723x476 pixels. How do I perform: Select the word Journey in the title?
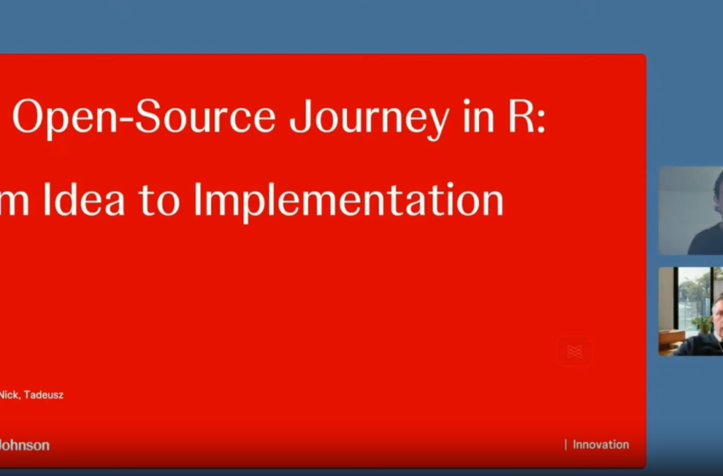(x=368, y=118)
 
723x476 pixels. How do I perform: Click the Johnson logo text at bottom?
(x=24, y=445)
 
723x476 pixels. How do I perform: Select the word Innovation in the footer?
(x=601, y=445)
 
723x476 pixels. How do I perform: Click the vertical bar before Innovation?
(x=566, y=445)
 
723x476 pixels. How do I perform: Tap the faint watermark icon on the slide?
(x=574, y=351)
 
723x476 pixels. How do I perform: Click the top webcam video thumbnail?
(x=690, y=210)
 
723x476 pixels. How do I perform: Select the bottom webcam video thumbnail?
(x=690, y=311)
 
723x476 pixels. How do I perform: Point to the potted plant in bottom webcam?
(x=703, y=324)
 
